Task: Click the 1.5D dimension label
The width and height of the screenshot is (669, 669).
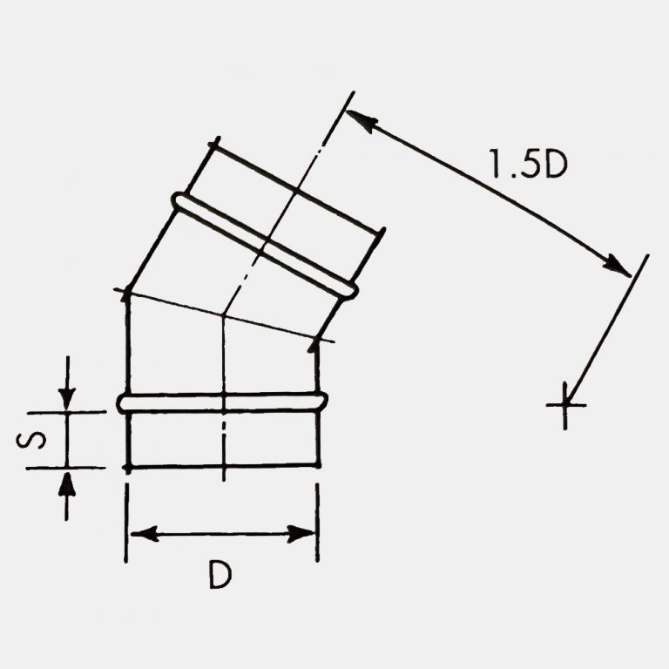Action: (x=528, y=164)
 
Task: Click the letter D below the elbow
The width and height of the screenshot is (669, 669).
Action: (x=220, y=575)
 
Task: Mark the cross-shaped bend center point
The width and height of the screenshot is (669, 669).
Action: (x=564, y=404)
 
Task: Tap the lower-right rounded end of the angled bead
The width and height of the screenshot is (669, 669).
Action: (x=350, y=290)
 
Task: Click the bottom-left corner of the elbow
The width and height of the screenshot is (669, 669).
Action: (x=128, y=468)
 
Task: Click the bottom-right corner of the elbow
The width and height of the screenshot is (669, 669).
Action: (x=317, y=466)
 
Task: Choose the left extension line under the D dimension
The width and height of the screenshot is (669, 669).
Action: (x=127, y=523)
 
